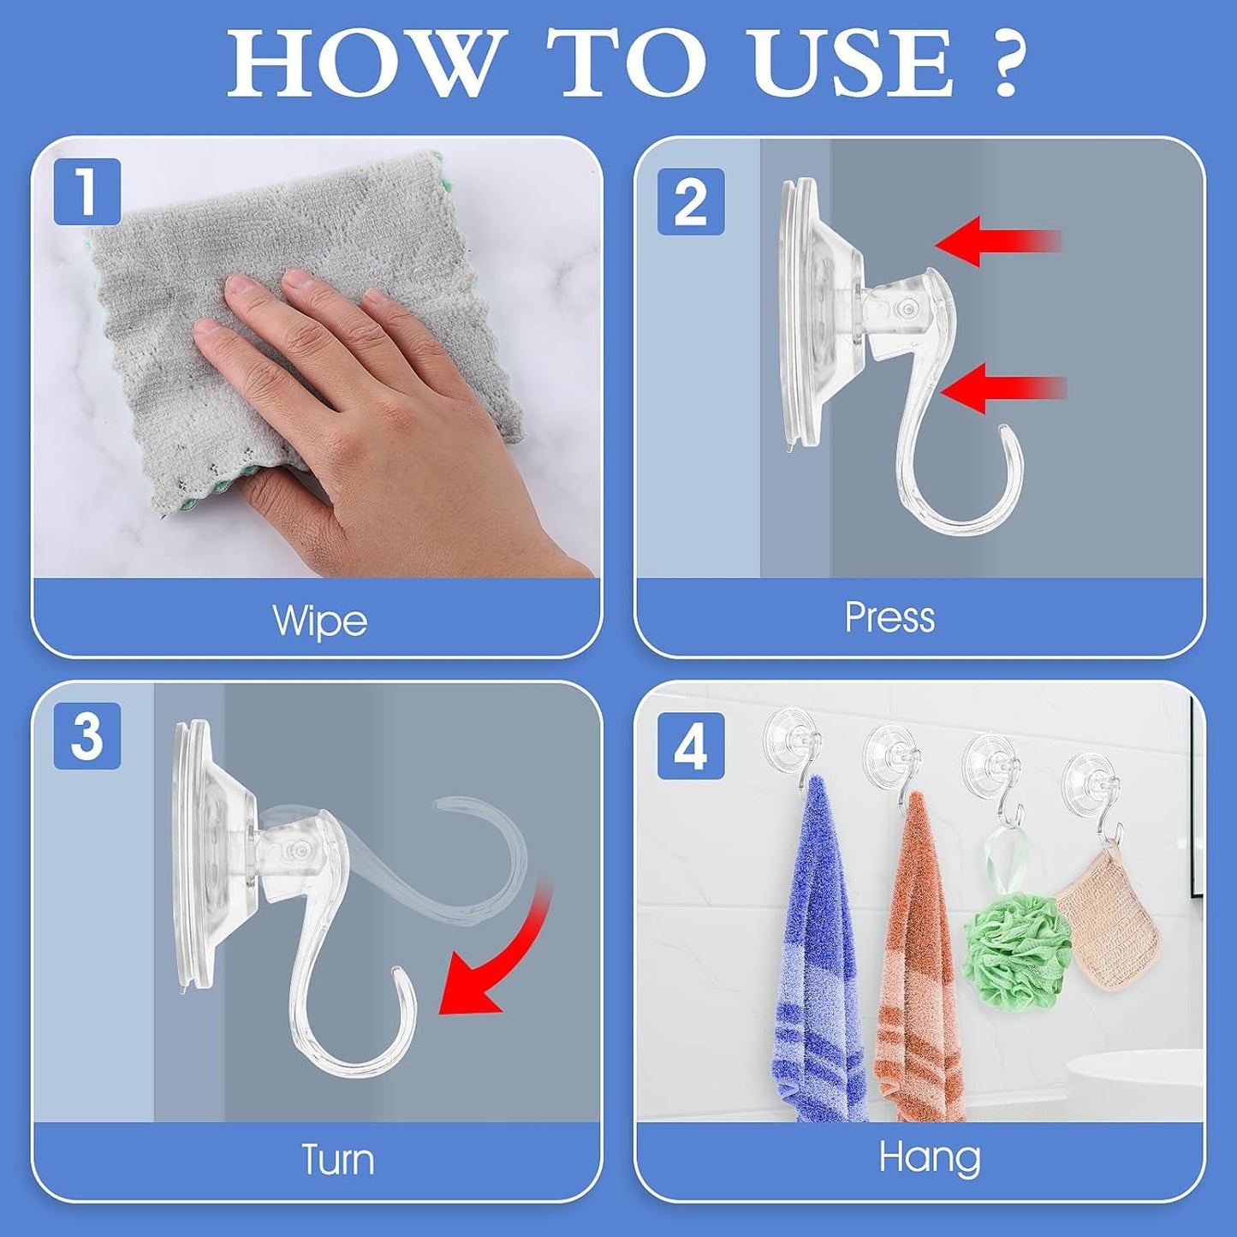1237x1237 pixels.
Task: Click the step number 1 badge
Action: pyautogui.click(x=87, y=192)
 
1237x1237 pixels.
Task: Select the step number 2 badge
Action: pyautogui.click(x=691, y=202)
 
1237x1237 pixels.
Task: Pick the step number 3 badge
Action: pyautogui.click(x=87, y=736)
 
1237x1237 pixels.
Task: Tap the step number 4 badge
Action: pyautogui.click(x=691, y=746)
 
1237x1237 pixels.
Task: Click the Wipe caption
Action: pyautogui.click(x=319, y=620)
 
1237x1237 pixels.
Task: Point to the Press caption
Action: pyautogui.click(x=889, y=617)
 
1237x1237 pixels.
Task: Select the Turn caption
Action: pyautogui.click(x=337, y=1160)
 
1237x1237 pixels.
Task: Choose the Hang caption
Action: pyautogui.click(x=930, y=1157)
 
